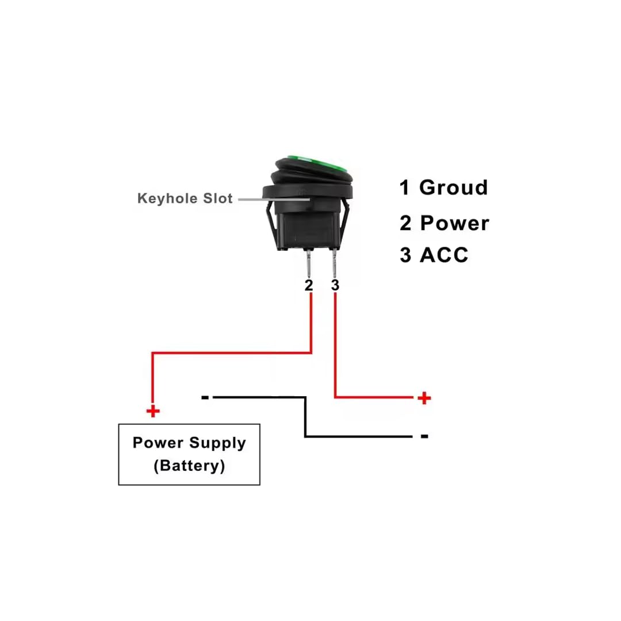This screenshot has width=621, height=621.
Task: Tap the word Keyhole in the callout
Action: (x=162, y=198)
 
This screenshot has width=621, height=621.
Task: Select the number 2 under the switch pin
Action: (x=309, y=285)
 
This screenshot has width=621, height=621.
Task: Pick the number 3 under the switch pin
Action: (x=335, y=285)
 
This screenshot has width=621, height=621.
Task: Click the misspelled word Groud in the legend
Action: (x=454, y=187)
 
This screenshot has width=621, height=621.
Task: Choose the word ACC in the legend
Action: (x=444, y=255)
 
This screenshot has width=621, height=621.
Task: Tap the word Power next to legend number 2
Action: (x=454, y=223)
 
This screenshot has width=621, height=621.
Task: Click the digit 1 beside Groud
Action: (x=405, y=187)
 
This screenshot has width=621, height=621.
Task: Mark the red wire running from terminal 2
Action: (x=230, y=352)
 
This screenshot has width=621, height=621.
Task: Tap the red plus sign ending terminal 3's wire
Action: (x=424, y=397)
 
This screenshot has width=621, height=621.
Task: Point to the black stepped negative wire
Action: (x=305, y=417)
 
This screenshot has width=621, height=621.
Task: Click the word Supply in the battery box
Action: (x=217, y=443)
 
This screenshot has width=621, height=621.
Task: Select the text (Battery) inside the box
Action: (x=189, y=465)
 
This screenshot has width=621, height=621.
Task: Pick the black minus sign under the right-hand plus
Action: (x=424, y=436)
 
